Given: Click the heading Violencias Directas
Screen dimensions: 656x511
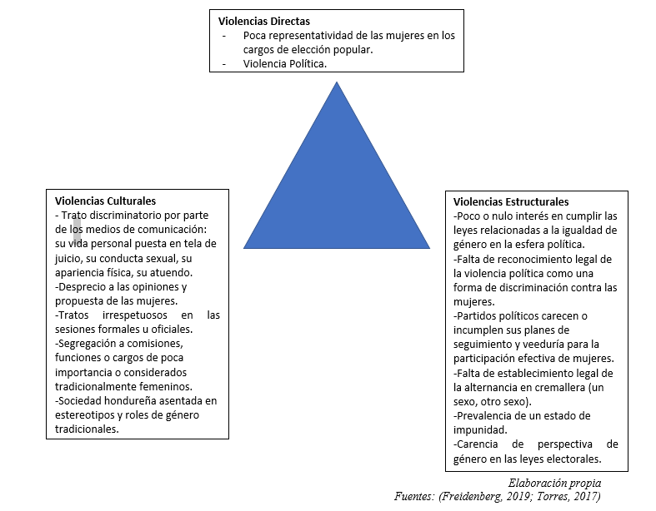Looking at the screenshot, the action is click(x=264, y=21).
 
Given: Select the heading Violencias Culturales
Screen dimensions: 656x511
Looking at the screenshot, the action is click(x=105, y=201).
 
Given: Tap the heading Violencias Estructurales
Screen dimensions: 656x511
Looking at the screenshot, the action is click(x=511, y=201).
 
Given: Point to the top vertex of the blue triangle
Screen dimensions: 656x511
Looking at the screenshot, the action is click(x=337, y=82).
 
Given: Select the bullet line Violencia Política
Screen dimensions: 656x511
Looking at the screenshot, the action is click(x=285, y=63).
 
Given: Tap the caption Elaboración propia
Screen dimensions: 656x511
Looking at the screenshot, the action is click(x=555, y=483).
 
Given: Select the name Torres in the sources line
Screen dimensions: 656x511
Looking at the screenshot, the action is click(x=552, y=496).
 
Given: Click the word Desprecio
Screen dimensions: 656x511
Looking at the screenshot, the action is click(x=82, y=287).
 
